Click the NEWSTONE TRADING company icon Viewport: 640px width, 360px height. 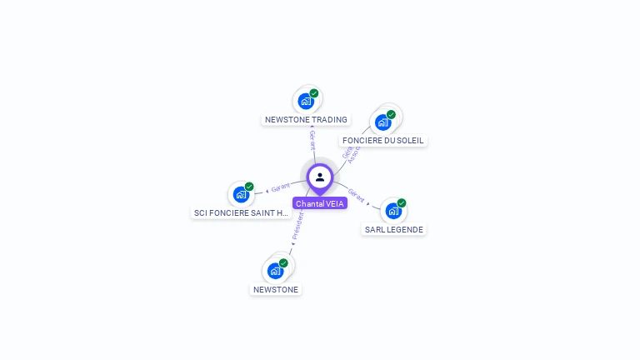pos(306,102)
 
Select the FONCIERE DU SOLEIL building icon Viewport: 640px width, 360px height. pos(383,122)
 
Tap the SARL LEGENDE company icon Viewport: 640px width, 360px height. pos(393,211)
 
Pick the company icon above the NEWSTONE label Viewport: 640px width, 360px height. pos(275,271)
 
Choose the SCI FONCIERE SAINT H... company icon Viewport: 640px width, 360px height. pos(241,195)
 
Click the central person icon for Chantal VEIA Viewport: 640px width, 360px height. pos(320,177)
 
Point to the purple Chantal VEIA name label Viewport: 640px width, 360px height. pos(320,203)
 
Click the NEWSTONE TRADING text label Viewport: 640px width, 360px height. pos(306,120)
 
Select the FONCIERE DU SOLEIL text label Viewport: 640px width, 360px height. pos(383,141)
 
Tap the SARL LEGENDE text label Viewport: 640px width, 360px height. pos(394,229)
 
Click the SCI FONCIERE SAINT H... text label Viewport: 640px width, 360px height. pos(242,213)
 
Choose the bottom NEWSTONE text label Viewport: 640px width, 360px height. pos(275,289)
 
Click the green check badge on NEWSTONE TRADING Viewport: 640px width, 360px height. pos(314,93)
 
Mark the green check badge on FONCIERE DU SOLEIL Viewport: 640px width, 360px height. pos(391,114)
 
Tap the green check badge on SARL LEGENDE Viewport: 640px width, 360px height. pos(402,202)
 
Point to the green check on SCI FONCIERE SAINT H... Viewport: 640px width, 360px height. pos(249,187)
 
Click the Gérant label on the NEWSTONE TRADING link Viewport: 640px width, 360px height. pos(312,139)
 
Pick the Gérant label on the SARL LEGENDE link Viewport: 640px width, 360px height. pos(357,195)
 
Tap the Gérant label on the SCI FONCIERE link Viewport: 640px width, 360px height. pos(281,187)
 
